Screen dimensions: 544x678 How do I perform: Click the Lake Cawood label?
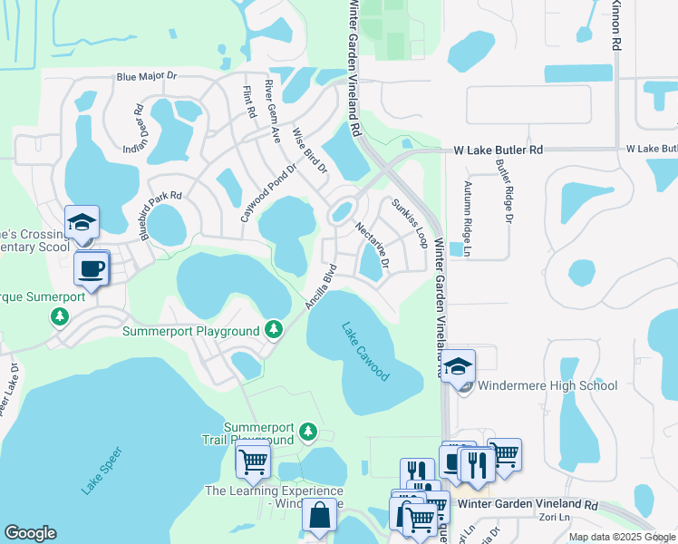click(366, 352)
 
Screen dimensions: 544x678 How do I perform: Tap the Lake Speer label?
click(102, 471)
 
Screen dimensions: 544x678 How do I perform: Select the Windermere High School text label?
click(548, 385)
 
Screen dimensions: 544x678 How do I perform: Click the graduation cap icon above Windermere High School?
click(459, 365)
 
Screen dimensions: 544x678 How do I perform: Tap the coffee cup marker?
click(92, 267)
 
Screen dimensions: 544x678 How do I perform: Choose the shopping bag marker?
click(320, 516)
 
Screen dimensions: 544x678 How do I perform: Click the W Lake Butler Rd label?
click(498, 150)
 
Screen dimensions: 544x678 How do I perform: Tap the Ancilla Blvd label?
click(322, 287)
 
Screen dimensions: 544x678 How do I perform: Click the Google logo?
click(31, 533)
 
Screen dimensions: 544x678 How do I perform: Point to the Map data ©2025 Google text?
click(622, 537)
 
